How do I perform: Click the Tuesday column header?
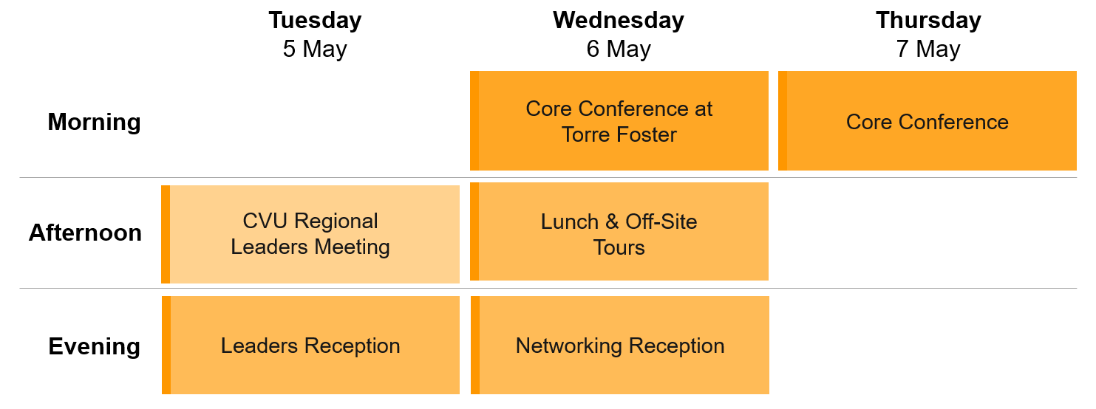[x=315, y=21]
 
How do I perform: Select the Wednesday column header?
[x=619, y=21]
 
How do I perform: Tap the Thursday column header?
[x=928, y=21]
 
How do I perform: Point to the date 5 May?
[x=315, y=49]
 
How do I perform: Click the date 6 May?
[x=619, y=49]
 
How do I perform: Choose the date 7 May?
[x=928, y=49]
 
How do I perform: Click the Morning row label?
[x=94, y=122]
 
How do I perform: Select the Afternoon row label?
[x=85, y=233]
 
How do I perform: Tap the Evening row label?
[x=94, y=346]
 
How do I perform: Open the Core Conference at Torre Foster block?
[x=619, y=120]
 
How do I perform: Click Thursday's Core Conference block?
[x=927, y=120]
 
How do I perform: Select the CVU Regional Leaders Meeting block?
[x=310, y=234]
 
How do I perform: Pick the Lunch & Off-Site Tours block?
[x=619, y=232]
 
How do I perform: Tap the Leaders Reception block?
[x=310, y=345]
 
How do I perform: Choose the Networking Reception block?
[x=620, y=345]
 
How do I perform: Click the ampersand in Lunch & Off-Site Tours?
[x=612, y=221]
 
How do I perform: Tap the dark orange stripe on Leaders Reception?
[x=166, y=345]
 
